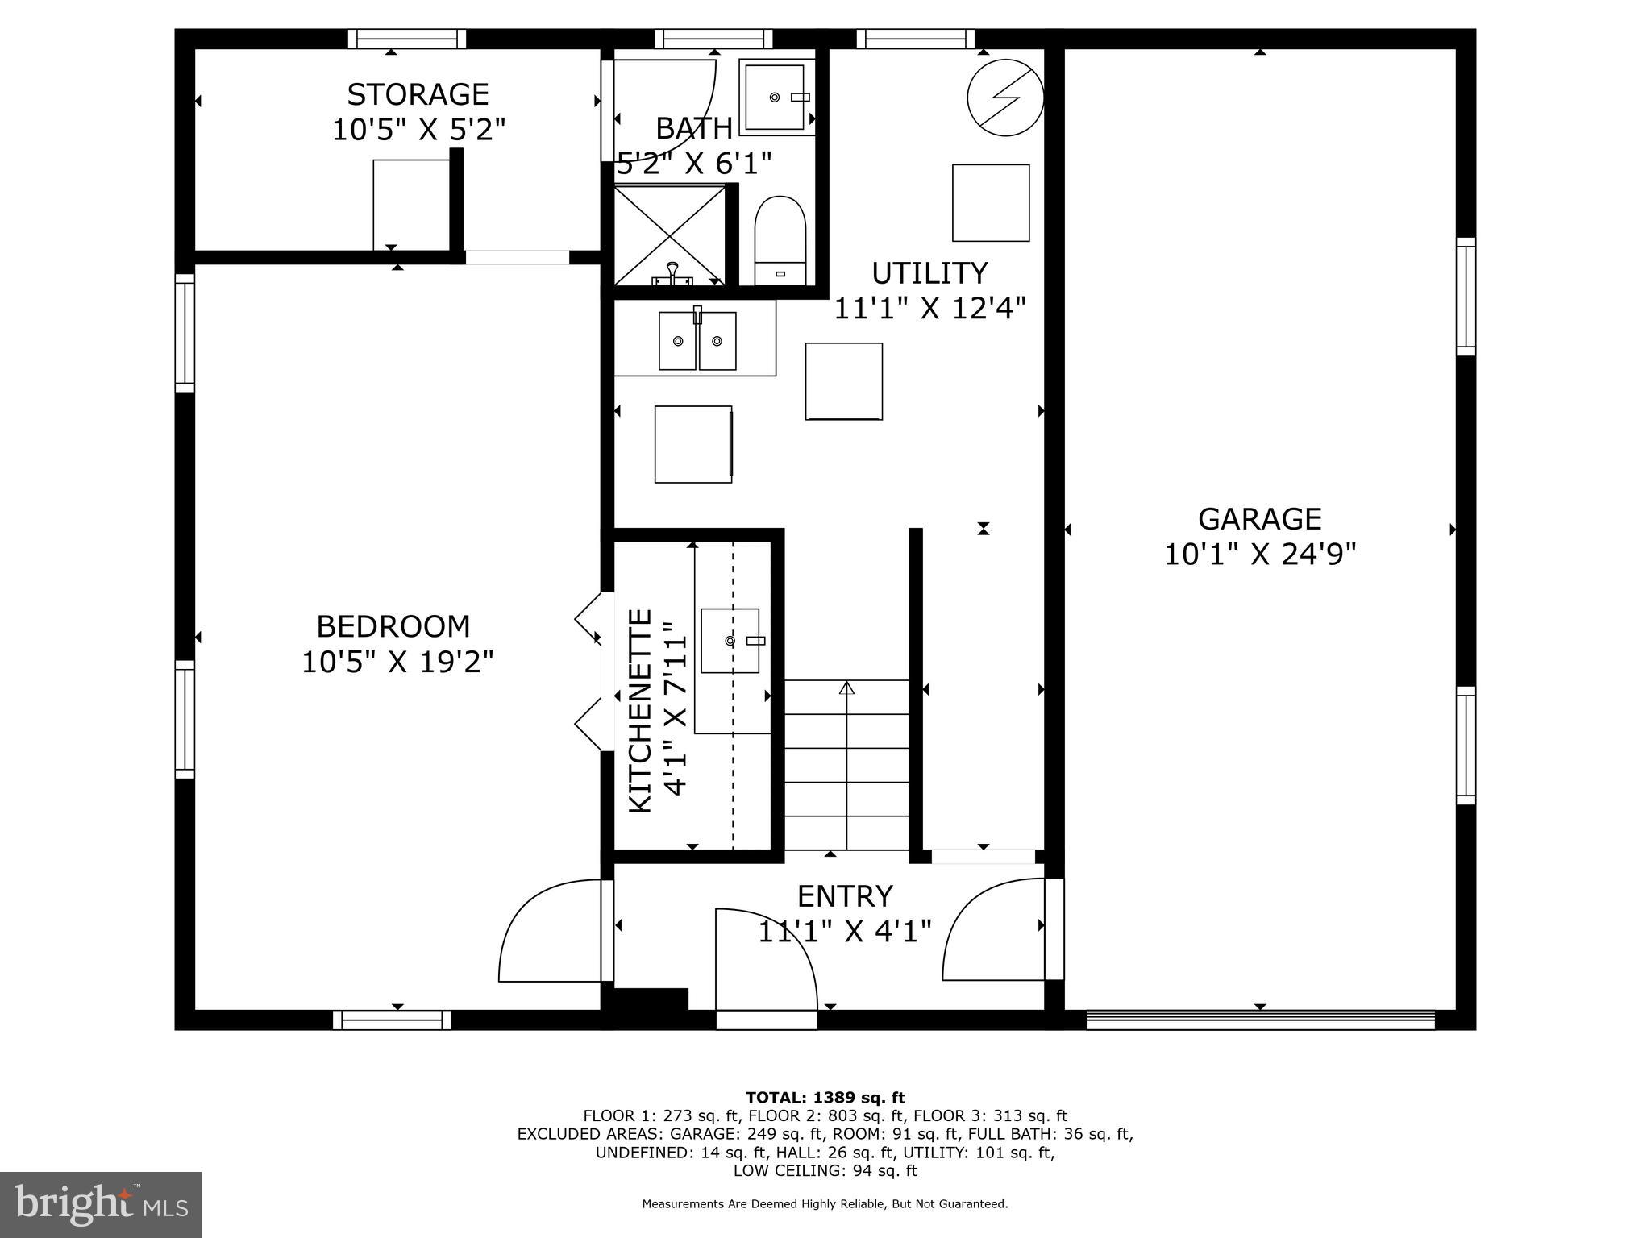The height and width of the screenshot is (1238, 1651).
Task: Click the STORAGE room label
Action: click(x=418, y=94)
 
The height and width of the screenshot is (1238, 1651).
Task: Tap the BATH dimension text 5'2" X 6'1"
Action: click(x=694, y=164)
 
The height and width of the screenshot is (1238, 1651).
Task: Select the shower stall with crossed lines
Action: click(x=670, y=235)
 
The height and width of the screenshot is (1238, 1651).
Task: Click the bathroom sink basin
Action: click(x=775, y=97)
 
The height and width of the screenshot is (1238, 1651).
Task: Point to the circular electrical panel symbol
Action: click(x=1005, y=98)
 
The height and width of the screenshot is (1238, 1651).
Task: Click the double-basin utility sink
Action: click(x=697, y=341)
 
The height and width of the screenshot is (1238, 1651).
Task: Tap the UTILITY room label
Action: click(x=929, y=273)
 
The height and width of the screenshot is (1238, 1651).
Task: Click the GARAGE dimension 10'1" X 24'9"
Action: click(x=1260, y=555)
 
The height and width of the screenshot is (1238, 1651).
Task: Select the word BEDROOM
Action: click(x=393, y=626)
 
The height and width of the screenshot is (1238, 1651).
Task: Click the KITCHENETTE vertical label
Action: click(x=639, y=710)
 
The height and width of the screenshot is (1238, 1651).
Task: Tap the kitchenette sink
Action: click(x=730, y=641)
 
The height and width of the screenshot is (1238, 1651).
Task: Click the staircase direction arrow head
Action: click(x=846, y=688)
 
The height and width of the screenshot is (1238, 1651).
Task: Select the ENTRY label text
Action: click(x=845, y=896)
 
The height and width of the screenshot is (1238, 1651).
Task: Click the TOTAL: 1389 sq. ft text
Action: click(x=825, y=1097)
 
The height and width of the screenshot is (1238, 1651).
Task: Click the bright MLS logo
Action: click(x=101, y=1204)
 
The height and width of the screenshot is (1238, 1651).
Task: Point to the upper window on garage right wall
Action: click(x=1466, y=297)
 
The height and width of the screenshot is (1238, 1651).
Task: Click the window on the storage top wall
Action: click(x=407, y=39)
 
